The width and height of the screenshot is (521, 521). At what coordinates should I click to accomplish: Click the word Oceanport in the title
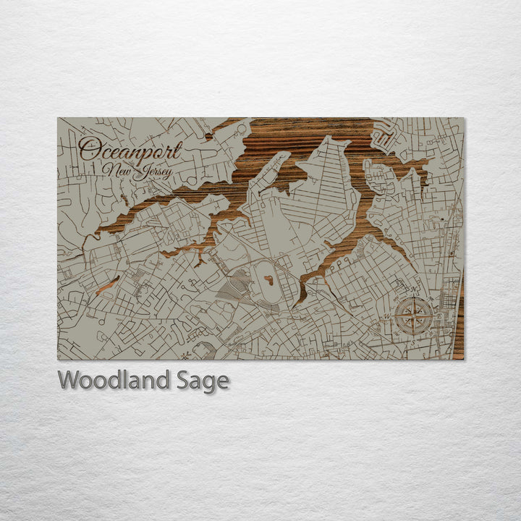pyautogui.click(x=130, y=150)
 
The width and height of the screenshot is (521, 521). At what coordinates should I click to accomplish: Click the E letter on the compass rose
pyautogui.click(x=439, y=315)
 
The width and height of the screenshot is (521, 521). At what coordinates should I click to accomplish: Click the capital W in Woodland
pyautogui.click(x=68, y=380)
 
